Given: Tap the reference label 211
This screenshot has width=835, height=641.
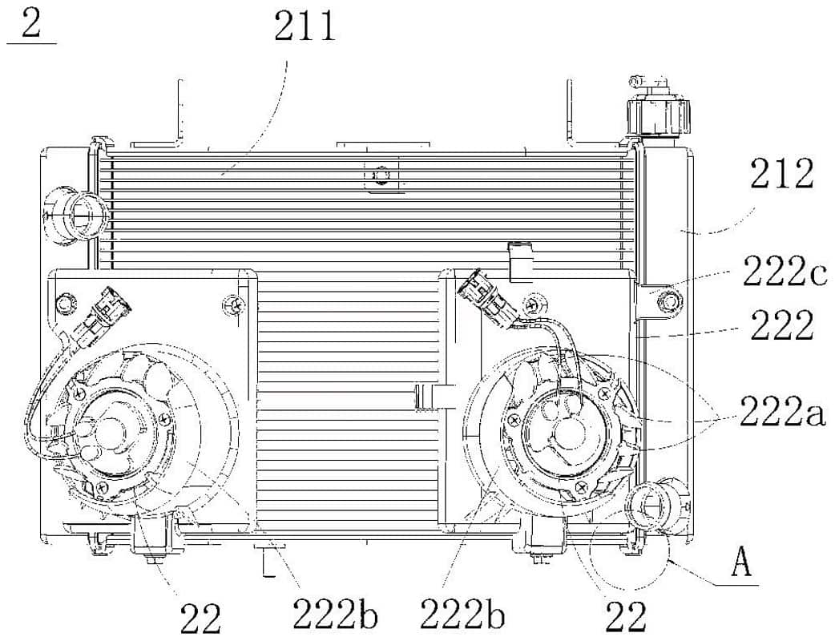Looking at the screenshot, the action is [x=305, y=26].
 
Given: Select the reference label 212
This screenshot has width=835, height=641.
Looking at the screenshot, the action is [x=782, y=173].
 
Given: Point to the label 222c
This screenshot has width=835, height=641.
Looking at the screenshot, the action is [x=785, y=271].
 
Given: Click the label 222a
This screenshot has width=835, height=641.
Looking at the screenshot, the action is [x=782, y=410].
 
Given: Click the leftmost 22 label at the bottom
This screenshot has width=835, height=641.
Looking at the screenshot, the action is [x=200, y=618].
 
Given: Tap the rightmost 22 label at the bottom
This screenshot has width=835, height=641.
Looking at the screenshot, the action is [x=625, y=616].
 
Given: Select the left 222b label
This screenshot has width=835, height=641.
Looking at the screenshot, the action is [x=335, y=613].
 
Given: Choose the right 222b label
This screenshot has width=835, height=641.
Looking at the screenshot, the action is [x=462, y=613].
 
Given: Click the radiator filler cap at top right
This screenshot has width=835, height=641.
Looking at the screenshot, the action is [x=658, y=108].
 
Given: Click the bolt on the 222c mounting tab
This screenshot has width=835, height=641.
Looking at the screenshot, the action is [x=668, y=300].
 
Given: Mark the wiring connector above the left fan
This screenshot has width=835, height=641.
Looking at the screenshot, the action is [x=107, y=313].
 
